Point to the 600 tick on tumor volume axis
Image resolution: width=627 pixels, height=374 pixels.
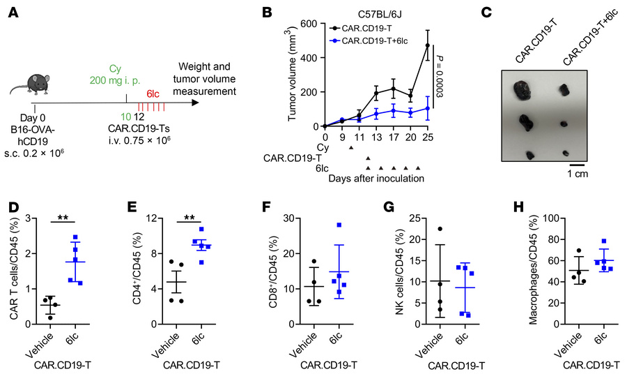coord(310,24)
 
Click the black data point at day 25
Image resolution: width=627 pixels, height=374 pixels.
coord(428,45)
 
